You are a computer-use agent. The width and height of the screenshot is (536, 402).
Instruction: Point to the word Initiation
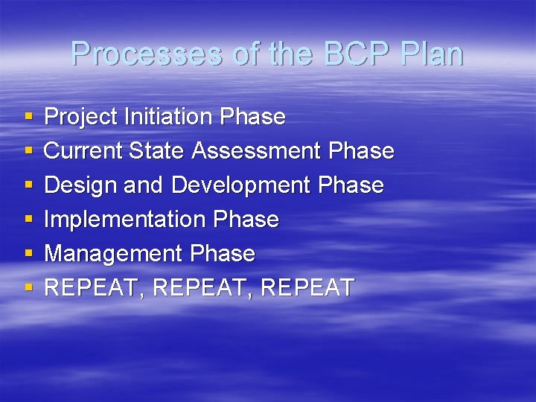point(169,117)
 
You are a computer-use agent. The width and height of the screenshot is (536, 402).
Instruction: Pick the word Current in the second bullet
point(83,151)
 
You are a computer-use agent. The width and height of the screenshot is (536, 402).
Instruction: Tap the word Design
point(77,185)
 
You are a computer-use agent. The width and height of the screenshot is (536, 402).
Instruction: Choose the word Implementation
point(126,220)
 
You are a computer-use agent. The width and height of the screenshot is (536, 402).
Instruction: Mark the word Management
point(114,254)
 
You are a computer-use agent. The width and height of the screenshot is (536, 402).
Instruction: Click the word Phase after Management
point(223,254)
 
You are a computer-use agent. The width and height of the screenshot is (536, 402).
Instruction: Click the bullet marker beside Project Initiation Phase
point(28,118)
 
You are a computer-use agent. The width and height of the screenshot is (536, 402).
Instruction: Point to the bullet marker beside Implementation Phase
point(28,220)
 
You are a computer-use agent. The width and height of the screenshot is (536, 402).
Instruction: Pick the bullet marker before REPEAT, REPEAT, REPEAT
point(28,289)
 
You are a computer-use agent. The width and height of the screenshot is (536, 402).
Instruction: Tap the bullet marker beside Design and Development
point(28,186)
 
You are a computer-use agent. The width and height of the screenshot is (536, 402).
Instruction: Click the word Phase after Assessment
point(360,151)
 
